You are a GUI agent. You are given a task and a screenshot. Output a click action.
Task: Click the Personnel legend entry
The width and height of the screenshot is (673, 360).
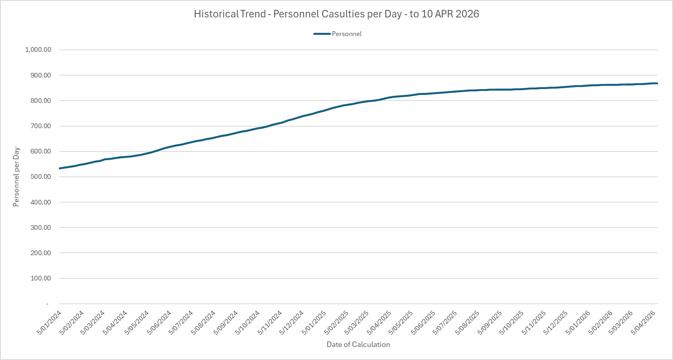coord(346,34)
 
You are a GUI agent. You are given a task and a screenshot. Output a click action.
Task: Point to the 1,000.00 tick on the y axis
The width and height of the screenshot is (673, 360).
coord(38,50)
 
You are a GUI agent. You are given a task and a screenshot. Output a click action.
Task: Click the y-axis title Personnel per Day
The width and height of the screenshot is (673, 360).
coord(16,177)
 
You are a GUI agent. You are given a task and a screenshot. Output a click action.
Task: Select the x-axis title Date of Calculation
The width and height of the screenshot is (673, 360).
coord(358,345)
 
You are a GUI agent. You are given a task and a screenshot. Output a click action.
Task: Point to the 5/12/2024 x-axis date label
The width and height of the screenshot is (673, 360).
coord(292,322)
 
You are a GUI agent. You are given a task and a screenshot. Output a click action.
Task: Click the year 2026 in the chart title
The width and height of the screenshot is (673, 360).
coord(467,14)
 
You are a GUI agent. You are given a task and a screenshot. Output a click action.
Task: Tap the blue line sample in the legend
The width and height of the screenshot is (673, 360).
coord(322,34)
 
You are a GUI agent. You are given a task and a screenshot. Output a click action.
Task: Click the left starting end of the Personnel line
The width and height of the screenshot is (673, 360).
coord(60,169)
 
